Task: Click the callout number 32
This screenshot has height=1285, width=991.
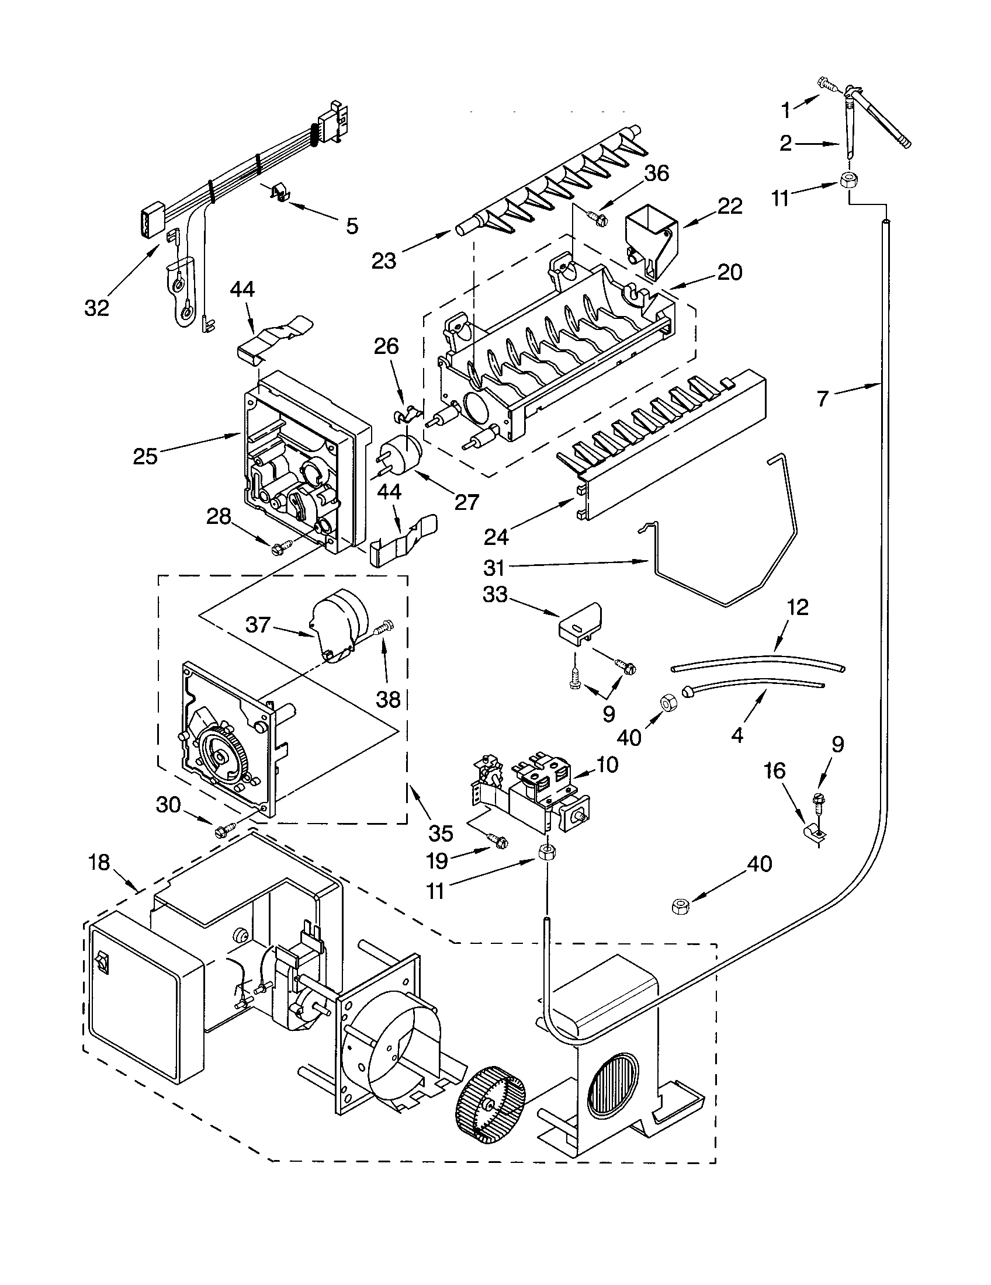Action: [96, 307]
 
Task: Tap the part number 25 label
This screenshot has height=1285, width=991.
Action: [145, 456]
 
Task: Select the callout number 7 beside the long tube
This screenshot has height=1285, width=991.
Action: [823, 398]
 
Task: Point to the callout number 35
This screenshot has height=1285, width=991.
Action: [440, 832]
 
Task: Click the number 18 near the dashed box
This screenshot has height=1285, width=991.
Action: [99, 863]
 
